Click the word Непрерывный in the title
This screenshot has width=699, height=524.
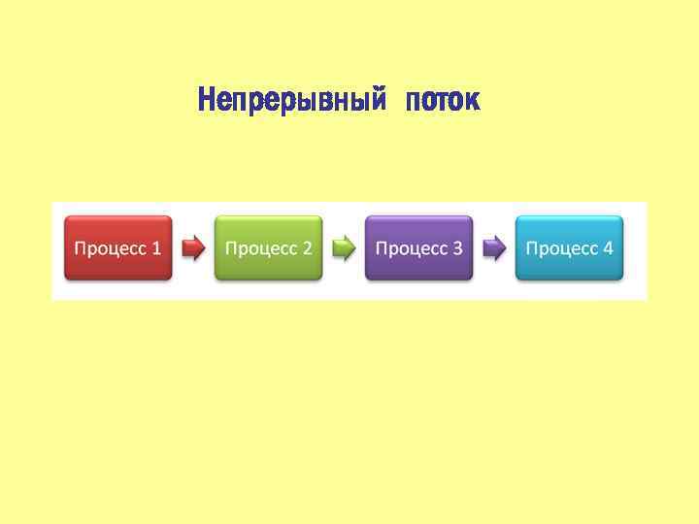click(x=285, y=100)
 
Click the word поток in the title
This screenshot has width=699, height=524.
click(x=443, y=100)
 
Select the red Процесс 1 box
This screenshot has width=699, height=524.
click(x=118, y=248)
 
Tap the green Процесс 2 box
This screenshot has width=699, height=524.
click(x=268, y=248)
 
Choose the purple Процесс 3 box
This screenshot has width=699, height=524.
click(x=418, y=248)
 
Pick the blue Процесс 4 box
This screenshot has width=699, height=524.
click(x=569, y=248)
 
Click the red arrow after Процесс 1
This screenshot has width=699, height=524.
click(x=193, y=248)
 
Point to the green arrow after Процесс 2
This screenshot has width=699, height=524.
click(x=344, y=248)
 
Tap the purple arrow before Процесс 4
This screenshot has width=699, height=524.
click(x=494, y=248)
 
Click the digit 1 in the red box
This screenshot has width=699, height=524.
click(x=156, y=248)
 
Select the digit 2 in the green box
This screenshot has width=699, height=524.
click(x=307, y=248)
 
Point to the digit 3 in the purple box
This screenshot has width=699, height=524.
click(x=457, y=248)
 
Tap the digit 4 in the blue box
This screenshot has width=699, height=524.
click(x=608, y=248)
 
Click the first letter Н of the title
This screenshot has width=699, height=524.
click(x=205, y=100)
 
